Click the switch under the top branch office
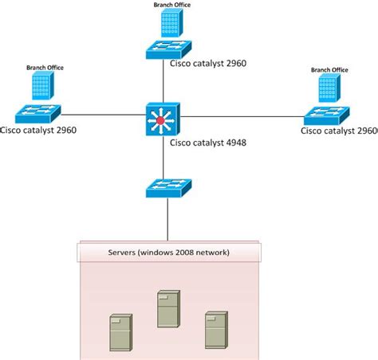pos(166,49)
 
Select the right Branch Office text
pos(329,70)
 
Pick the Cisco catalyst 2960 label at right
pos(339,130)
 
